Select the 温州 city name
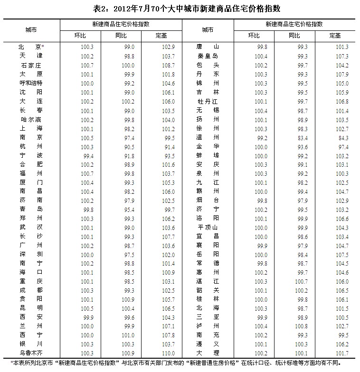[207, 137]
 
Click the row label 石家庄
[31, 65]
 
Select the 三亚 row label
[207, 316]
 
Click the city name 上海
[31, 128]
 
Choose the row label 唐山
[207, 47]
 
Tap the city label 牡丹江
[207, 101]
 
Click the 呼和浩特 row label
[31, 83]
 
